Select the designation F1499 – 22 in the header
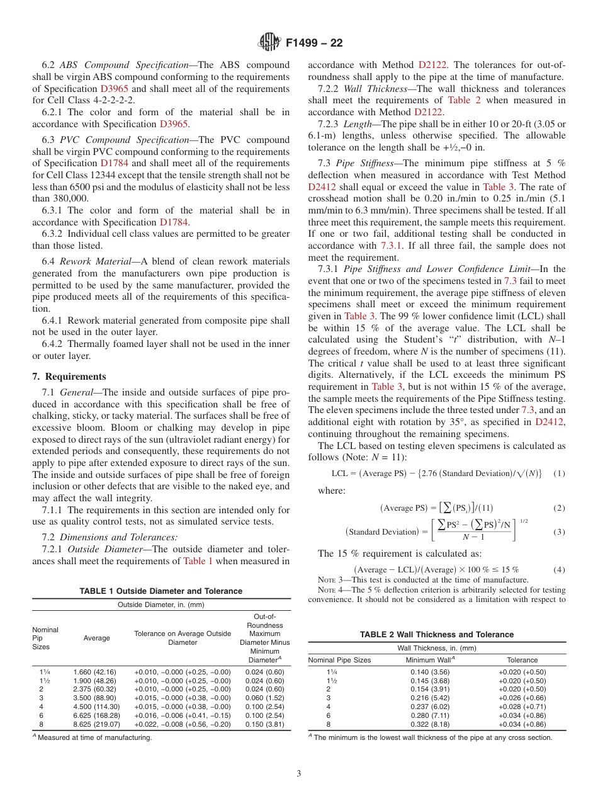[314, 43]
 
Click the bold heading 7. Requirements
[69, 377]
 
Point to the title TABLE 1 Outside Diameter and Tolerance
[161, 591]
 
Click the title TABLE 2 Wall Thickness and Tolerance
[437, 634]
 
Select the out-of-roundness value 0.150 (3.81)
[265, 724]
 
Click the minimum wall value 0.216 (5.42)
[428, 698]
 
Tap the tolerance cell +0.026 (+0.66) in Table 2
[522, 698]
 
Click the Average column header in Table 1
[96, 638]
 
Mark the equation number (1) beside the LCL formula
[558, 474]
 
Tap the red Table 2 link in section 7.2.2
[464, 100]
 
